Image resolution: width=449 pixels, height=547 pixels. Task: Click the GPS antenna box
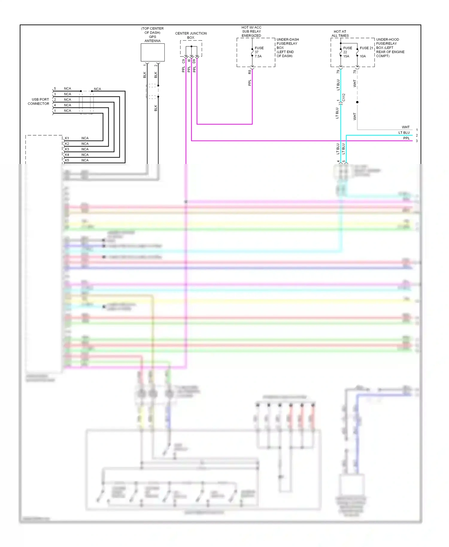(x=153, y=52)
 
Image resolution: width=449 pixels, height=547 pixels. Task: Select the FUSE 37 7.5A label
(x=259, y=52)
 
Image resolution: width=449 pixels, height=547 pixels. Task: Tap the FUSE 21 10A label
(x=366, y=52)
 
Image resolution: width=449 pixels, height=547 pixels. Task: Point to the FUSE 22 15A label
(x=347, y=52)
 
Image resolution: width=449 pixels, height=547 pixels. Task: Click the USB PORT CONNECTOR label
(x=39, y=101)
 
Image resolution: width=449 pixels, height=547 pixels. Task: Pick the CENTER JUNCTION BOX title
(x=191, y=35)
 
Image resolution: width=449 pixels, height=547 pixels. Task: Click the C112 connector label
(x=344, y=97)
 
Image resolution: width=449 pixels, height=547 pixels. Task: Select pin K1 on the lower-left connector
(x=67, y=138)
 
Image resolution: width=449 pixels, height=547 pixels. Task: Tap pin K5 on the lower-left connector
(x=67, y=160)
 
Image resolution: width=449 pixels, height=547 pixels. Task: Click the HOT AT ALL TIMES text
(x=340, y=34)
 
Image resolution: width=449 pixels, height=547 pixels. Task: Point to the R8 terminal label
(x=250, y=72)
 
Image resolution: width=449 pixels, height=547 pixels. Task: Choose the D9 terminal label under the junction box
(x=194, y=61)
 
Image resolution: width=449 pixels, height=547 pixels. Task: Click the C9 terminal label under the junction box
(x=183, y=61)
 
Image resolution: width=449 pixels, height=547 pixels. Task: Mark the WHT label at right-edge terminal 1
(x=406, y=127)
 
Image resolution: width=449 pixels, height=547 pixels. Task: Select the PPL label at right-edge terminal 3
(x=406, y=138)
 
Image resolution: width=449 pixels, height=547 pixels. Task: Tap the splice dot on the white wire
(x=357, y=102)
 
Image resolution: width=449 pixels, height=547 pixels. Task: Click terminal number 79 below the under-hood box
(x=338, y=72)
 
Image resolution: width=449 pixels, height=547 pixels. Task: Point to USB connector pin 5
(x=55, y=89)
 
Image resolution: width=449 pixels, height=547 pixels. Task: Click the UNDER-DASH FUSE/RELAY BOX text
(x=287, y=48)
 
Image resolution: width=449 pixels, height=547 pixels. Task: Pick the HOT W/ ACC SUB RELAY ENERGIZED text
(x=251, y=31)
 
